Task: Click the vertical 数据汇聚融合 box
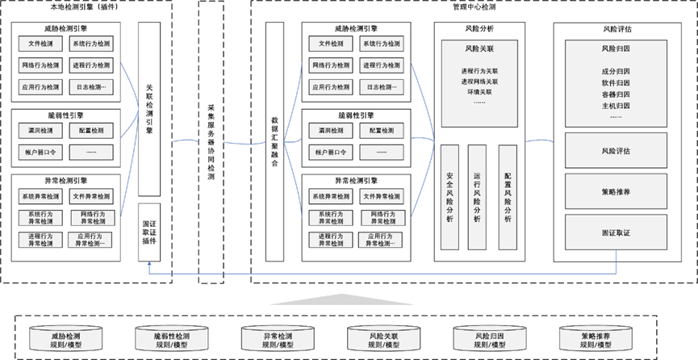(276, 141)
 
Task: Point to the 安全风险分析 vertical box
(450, 197)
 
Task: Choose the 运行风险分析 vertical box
(479, 197)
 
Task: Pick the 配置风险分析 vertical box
(507, 197)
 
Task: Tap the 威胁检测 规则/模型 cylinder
(66, 339)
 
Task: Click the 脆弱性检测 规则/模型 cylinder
(172, 339)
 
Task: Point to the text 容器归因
(616, 94)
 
